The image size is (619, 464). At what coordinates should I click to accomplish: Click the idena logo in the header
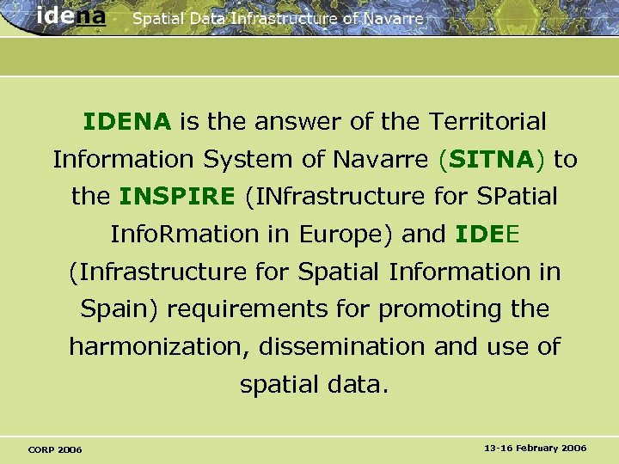(x=71, y=16)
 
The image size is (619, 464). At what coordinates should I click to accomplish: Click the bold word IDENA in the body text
(x=127, y=122)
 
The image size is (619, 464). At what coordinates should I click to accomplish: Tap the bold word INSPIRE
(x=177, y=197)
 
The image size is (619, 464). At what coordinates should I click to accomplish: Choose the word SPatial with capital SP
(x=515, y=197)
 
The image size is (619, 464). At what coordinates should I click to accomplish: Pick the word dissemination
(x=341, y=347)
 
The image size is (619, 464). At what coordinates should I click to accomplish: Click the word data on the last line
(x=353, y=384)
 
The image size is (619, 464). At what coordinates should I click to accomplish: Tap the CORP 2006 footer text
(x=55, y=449)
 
